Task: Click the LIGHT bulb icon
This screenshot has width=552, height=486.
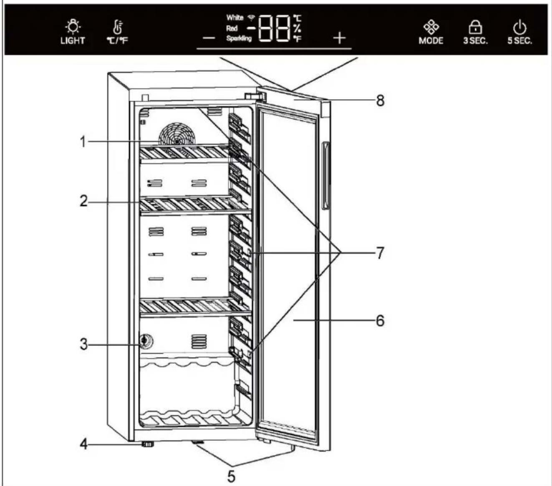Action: [x=73, y=26]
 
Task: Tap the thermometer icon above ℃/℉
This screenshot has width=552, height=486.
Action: [x=118, y=27]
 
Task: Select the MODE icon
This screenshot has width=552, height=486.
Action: [x=431, y=27]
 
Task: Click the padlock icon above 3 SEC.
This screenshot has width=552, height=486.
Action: [x=475, y=27]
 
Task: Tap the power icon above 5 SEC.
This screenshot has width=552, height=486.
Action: [x=519, y=28]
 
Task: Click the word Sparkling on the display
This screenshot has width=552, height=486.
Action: [x=239, y=38]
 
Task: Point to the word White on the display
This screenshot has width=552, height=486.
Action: [x=234, y=18]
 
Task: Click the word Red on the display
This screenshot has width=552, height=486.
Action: [x=232, y=28]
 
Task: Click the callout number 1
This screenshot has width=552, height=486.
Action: [x=83, y=142]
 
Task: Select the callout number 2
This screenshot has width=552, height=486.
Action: [x=84, y=201]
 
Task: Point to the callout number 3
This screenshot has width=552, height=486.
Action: [x=84, y=344]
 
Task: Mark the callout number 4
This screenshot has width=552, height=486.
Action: [x=84, y=444]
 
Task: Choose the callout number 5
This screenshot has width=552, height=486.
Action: [x=231, y=476]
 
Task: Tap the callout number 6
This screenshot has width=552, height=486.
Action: [x=380, y=320]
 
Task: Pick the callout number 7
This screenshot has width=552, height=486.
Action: [x=380, y=252]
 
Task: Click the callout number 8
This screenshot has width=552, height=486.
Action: [x=380, y=100]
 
